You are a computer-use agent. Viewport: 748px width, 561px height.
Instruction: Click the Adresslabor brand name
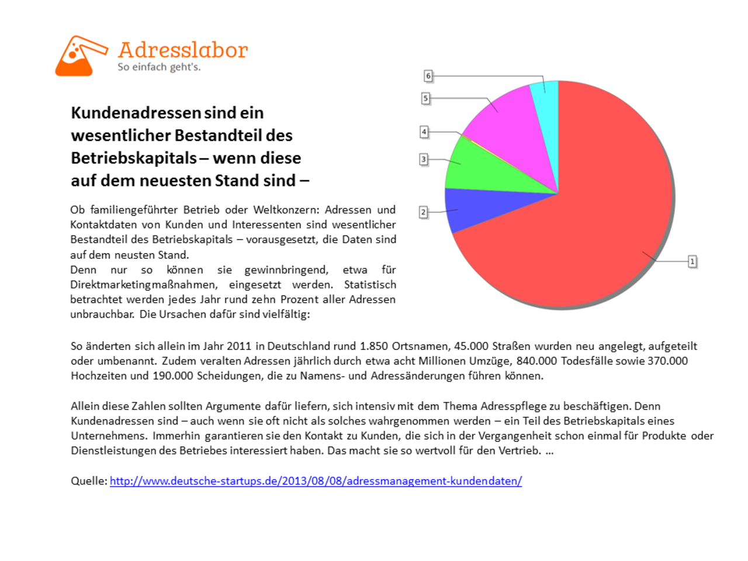pos(183,50)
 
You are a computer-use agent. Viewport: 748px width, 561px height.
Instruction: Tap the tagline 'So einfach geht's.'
pos(159,67)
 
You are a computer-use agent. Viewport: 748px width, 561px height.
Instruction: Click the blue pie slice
pos(477,208)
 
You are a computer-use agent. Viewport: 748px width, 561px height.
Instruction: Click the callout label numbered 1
pos(692,261)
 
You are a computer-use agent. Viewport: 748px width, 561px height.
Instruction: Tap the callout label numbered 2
pos(423,212)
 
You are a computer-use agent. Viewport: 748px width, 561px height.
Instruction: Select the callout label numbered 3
pos(424,159)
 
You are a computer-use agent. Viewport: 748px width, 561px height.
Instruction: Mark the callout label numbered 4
pos(424,131)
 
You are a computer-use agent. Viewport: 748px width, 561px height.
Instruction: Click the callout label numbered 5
pos(425,98)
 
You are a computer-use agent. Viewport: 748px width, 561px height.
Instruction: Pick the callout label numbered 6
pos(428,75)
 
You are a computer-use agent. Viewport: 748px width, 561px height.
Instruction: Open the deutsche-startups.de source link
pos(316,480)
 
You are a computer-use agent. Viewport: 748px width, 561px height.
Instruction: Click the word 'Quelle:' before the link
pos(89,480)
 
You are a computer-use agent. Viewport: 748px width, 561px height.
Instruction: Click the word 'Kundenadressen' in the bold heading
pos(136,113)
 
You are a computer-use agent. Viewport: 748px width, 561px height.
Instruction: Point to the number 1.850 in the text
pos(374,346)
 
